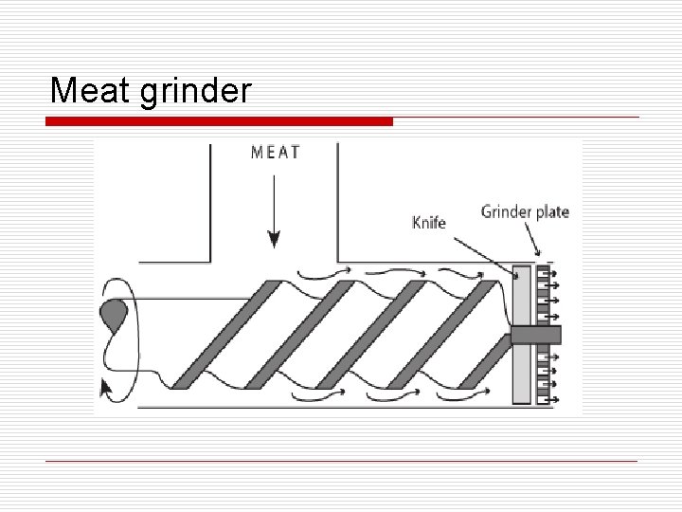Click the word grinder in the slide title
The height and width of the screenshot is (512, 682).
click(x=195, y=92)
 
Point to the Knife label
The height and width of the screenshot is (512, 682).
click(x=428, y=223)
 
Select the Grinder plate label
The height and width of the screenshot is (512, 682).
click(x=525, y=210)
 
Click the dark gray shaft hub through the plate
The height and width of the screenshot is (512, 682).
click(x=535, y=335)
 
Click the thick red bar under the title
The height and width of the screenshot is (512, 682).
click(x=220, y=121)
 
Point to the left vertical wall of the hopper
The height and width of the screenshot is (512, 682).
click(x=210, y=201)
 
